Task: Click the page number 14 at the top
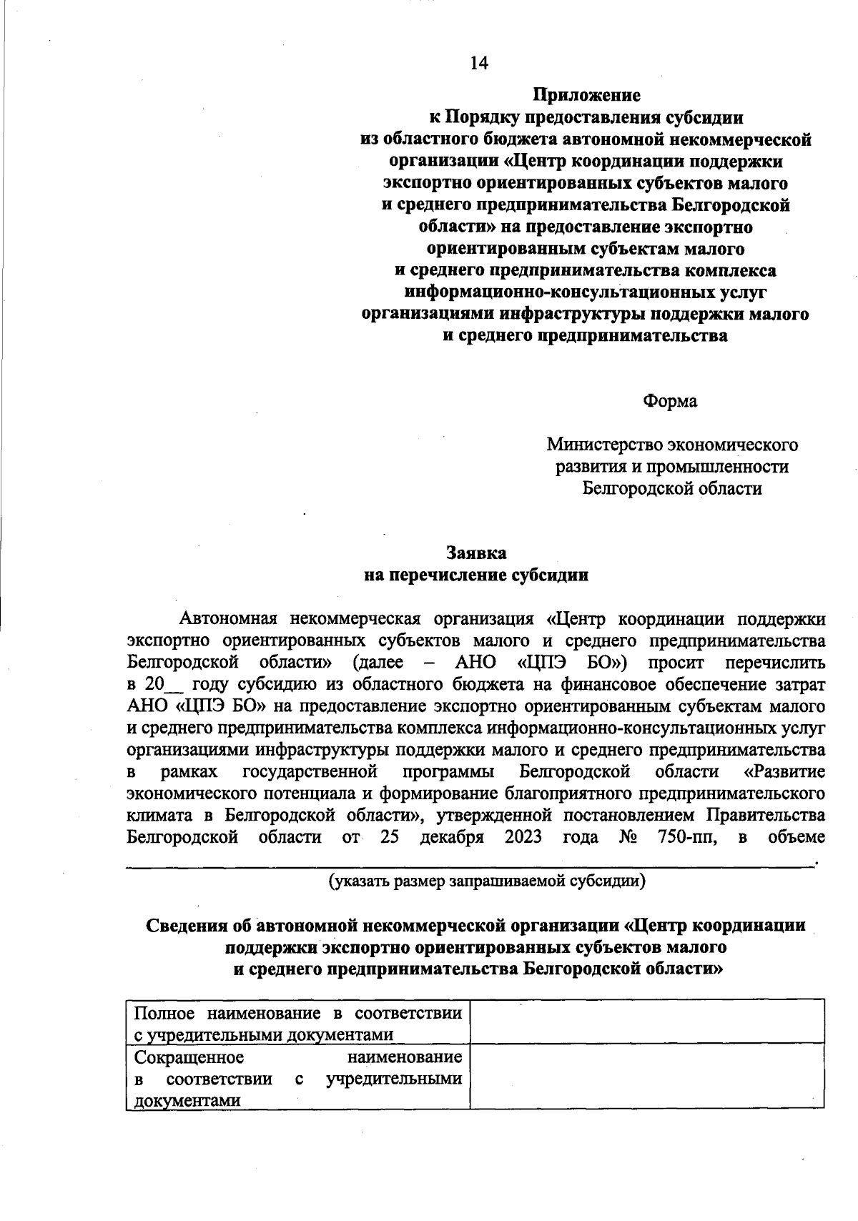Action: (x=478, y=64)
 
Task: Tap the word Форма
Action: (x=670, y=401)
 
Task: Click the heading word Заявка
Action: (x=476, y=553)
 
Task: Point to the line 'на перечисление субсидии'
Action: (x=476, y=575)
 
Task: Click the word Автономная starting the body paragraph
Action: (x=227, y=618)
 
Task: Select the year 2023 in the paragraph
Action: (x=523, y=837)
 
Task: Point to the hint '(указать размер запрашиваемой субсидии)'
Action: (x=487, y=881)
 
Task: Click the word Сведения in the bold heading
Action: (x=189, y=925)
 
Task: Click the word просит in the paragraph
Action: (x=676, y=662)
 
